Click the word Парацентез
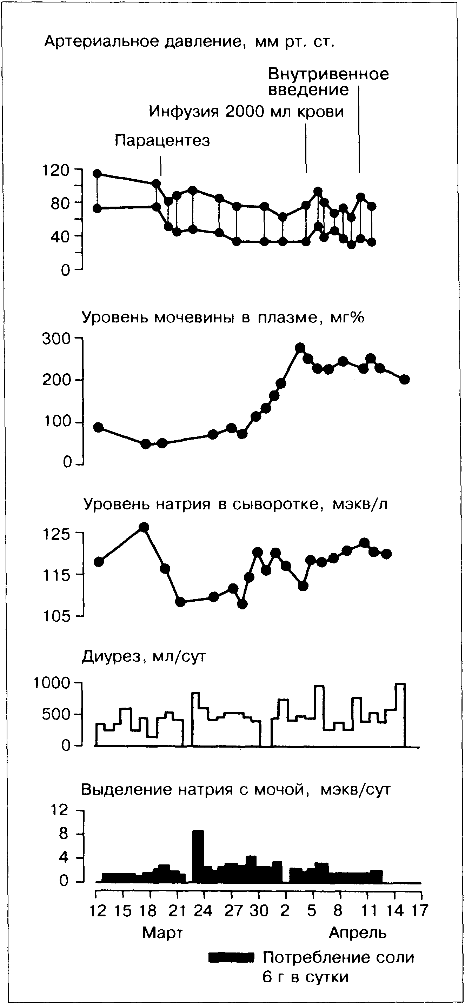[162, 141]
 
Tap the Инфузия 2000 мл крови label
[246, 112]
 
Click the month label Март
[162, 932]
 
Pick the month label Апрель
[358, 932]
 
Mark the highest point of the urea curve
[300, 348]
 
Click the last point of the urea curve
[404, 379]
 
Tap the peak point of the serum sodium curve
[144, 527]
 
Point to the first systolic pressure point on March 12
[97, 174]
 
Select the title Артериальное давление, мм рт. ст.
[189, 41]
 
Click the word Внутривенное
[328, 74]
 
